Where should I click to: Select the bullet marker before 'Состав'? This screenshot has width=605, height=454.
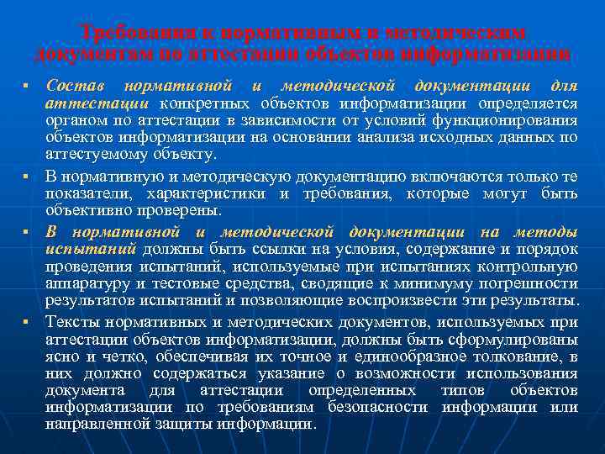pos(27,87)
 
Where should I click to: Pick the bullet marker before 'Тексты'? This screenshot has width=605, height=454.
pos(27,321)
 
